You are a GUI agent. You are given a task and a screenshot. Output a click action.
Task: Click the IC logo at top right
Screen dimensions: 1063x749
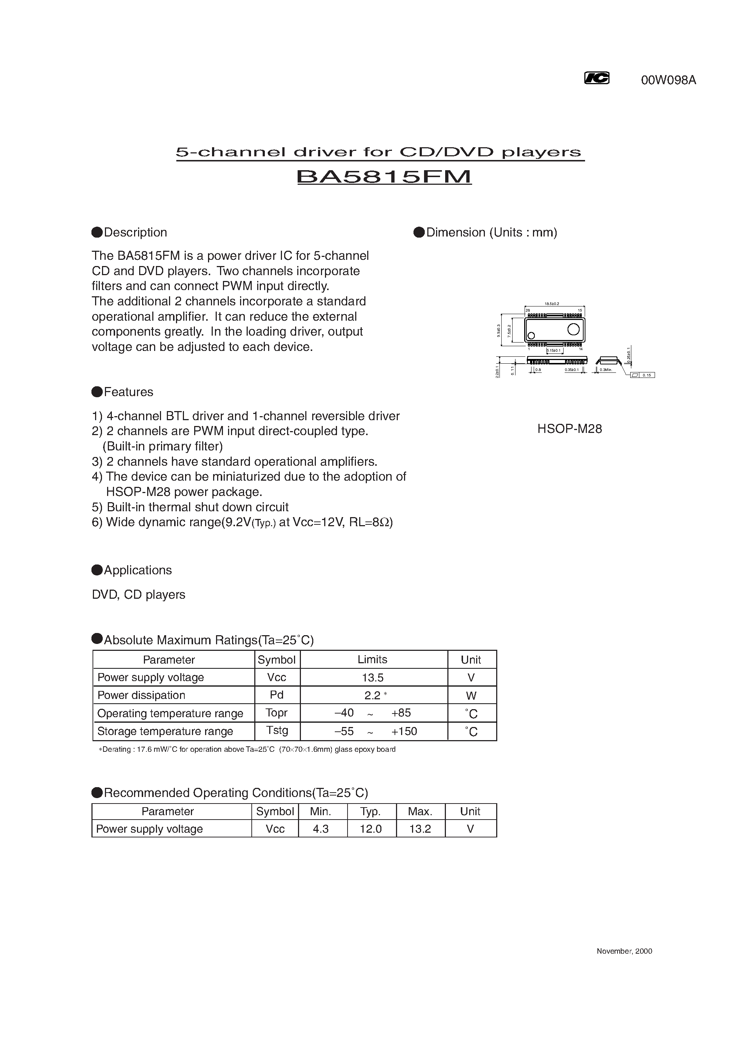(596, 78)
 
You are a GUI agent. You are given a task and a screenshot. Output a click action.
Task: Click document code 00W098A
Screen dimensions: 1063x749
(668, 81)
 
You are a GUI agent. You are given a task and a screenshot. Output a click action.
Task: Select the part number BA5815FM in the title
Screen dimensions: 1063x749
(384, 177)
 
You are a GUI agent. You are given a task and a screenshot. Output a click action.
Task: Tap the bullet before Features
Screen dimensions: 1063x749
(97, 392)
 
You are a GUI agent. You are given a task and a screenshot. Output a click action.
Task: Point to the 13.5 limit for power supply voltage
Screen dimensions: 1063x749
(373, 677)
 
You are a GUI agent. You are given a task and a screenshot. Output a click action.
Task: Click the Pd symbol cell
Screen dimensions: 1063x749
(277, 695)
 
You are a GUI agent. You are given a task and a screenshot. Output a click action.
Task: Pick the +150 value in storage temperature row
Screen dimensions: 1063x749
(404, 731)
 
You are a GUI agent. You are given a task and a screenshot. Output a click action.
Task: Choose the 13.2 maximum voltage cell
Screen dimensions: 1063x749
(420, 829)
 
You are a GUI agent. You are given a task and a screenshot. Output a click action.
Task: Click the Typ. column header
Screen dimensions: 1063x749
(370, 811)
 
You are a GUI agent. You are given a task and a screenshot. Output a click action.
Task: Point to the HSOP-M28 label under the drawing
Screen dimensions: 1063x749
(569, 429)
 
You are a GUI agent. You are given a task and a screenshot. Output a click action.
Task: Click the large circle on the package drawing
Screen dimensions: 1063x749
(573, 329)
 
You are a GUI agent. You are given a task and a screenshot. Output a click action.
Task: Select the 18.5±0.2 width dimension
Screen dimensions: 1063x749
(552, 304)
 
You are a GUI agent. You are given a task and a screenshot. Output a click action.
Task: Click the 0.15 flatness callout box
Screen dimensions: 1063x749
(646, 375)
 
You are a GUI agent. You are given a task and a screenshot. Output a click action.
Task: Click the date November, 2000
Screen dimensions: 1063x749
(624, 951)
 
